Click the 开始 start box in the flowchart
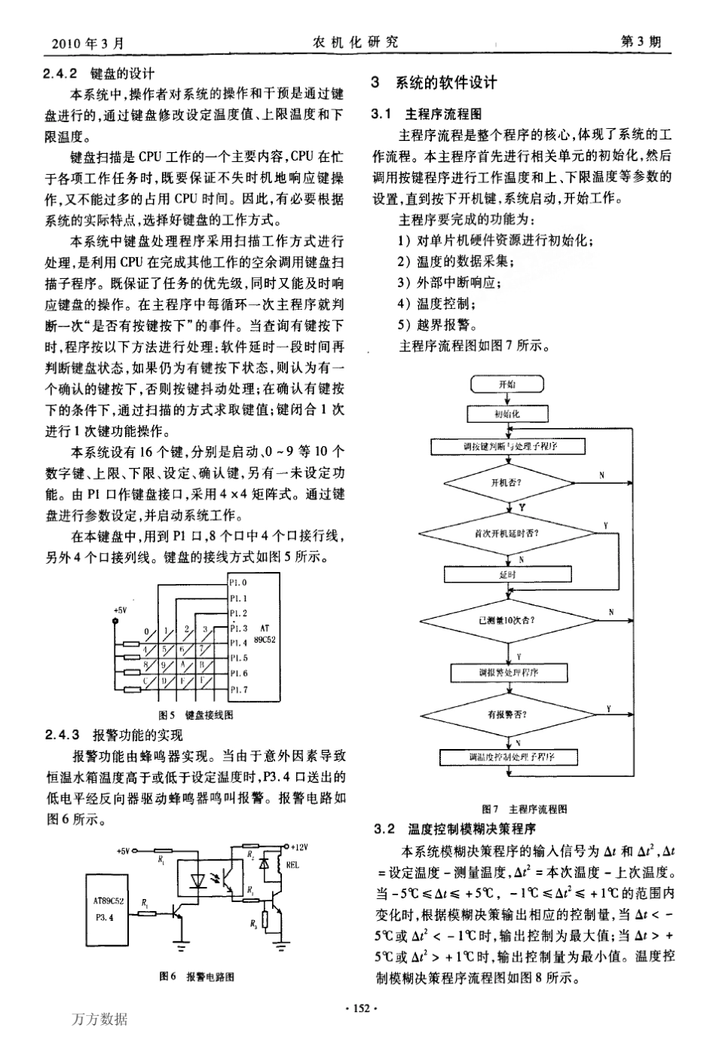pyautogui.click(x=507, y=384)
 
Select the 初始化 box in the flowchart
pyautogui.click(x=507, y=414)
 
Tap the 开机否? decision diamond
pyautogui.click(x=507, y=482)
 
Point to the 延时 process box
pyautogui.click(x=507, y=574)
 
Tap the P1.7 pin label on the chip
pyautogui.click(x=238, y=689)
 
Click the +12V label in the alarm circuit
pyautogui.click(x=299, y=846)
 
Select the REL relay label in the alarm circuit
pyautogui.click(x=292, y=866)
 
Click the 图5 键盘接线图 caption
pyautogui.click(x=195, y=714)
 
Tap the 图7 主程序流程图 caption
pyautogui.click(x=528, y=809)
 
